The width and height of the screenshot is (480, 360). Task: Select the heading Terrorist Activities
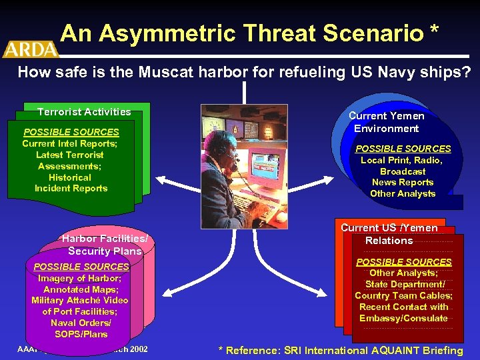(84, 112)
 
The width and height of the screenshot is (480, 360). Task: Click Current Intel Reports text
(70, 143)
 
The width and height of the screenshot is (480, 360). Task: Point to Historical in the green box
(70, 177)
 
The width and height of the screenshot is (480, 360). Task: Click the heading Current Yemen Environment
(387, 122)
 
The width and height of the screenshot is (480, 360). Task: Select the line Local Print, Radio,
(401, 160)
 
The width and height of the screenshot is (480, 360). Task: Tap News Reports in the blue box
(403, 182)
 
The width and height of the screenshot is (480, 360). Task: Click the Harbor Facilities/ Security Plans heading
(105, 245)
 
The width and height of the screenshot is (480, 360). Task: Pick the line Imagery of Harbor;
(79, 278)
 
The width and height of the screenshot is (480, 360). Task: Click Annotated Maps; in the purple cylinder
(79, 289)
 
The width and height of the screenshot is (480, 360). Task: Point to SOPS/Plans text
(81, 334)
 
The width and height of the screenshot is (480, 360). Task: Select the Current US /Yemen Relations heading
(389, 234)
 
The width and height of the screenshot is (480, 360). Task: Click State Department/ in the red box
(404, 285)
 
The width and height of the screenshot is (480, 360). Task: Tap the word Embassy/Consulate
(403, 318)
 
